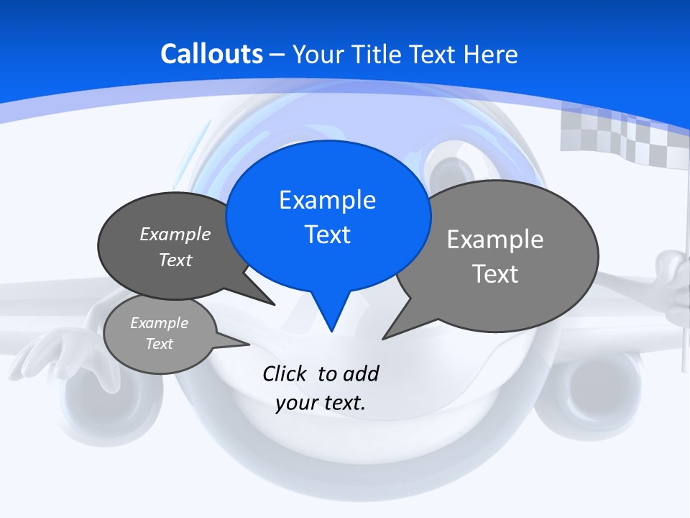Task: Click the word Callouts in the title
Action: tap(212, 54)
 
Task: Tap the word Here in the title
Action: tap(492, 54)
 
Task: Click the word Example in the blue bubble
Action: tap(327, 200)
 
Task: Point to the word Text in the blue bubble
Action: tap(328, 235)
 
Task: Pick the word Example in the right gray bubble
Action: tap(495, 239)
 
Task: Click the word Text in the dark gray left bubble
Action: tap(175, 260)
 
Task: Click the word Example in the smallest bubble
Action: tap(160, 323)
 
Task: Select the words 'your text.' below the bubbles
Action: tap(321, 403)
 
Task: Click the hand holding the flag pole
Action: tap(676, 277)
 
